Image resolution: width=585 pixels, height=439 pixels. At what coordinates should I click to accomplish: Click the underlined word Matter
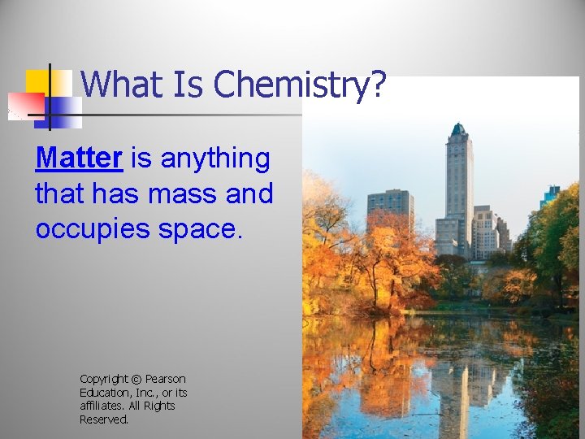point(78,159)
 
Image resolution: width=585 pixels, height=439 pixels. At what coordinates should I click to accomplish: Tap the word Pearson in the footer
point(165,380)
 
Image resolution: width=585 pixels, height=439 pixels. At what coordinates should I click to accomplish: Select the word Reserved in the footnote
point(104,419)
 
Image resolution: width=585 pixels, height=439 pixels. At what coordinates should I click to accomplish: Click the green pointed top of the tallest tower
point(458,128)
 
